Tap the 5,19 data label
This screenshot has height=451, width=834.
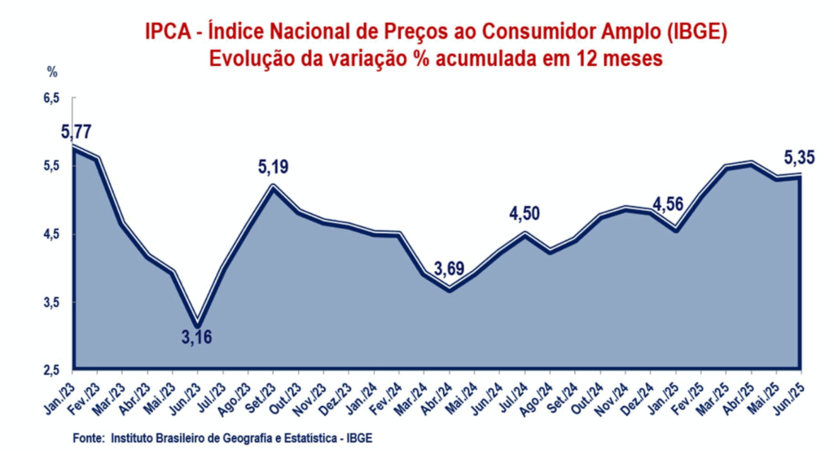273,169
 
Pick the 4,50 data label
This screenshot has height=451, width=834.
525,214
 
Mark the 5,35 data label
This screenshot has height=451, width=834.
799,156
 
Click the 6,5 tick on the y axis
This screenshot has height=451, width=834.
51,98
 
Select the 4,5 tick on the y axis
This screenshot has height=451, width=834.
51,234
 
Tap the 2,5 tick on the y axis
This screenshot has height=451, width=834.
51,370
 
